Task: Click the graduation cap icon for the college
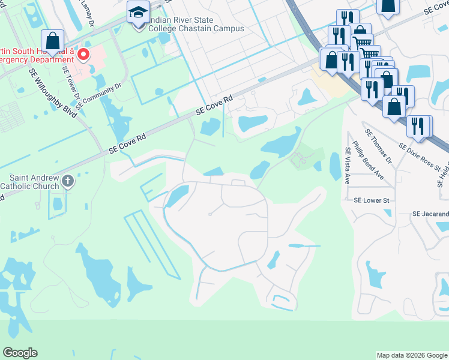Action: point(139,12)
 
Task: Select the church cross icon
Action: point(68,181)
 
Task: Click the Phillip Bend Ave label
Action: point(368,160)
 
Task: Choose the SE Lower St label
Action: point(372,200)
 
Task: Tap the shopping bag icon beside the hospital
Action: point(53,42)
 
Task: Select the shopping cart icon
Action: point(362,42)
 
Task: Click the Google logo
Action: point(20,353)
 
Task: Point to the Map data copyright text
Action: point(411,355)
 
